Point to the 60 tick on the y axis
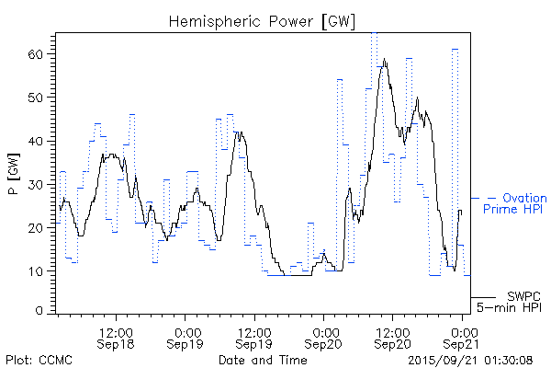(36, 54)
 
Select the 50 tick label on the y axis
(36, 98)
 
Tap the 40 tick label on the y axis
(36, 141)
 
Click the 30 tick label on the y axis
(36, 184)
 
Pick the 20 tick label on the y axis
(36, 227)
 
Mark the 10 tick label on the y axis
(36, 270)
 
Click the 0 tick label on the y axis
(39, 312)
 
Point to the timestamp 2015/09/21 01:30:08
(469, 359)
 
